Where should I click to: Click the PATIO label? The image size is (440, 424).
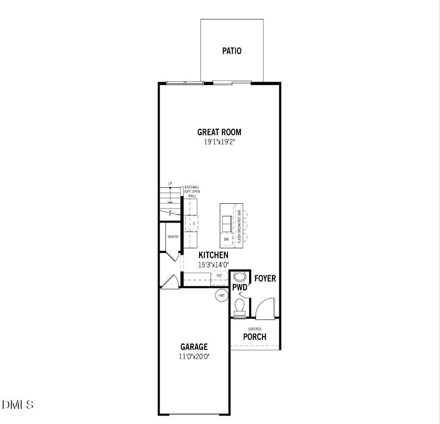(x=232, y=51)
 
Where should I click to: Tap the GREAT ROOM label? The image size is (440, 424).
(x=219, y=132)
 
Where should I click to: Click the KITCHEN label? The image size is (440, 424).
(x=213, y=255)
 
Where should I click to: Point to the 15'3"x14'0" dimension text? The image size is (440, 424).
(x=213, y=265)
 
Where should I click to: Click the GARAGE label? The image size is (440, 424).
(x=194, y=347)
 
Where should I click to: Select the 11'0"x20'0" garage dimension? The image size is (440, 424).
(x=194, y=357)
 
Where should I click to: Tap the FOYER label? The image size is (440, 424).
(x=265, y=278)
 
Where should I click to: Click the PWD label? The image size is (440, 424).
(x=240, y=287)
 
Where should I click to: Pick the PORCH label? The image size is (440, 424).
(x=255, y=337)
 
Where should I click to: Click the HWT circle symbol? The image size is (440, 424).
(x=222, y=296)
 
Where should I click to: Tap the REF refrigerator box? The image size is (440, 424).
(x=219, y=275)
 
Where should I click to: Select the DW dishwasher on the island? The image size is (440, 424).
(x=226, y=239)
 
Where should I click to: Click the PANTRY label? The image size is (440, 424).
(x=173, y=237)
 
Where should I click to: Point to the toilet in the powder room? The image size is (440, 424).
(x=239, y=307)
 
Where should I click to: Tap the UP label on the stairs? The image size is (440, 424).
(x=170, y=184)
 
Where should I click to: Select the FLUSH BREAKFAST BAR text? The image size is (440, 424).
(x=239, y=226)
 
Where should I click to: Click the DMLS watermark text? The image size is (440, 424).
(x=18, y=405)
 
